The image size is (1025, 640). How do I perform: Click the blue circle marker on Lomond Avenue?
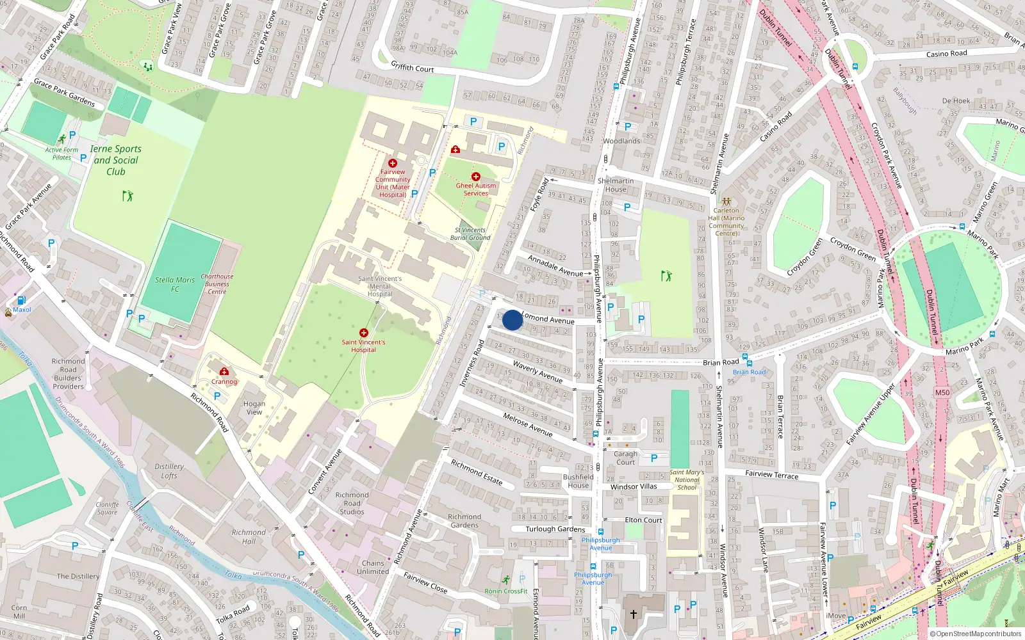(512, 320)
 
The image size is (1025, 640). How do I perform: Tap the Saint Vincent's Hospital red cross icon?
(363, 333)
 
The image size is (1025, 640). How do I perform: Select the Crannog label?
(224, 381)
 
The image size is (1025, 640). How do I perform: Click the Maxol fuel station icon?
(21, 300)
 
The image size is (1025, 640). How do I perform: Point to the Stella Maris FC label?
(175, 284)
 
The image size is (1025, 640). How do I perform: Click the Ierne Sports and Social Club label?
(115, 160)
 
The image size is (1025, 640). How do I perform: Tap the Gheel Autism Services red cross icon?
(475, 177)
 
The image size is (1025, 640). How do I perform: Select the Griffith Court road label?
(412, 67)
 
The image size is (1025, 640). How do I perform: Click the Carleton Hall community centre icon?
(726, 202)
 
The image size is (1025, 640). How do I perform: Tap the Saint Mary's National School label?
(687, 479)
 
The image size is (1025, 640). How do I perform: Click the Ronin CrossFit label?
(506, 591)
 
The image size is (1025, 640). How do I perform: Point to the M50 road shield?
(942, 393)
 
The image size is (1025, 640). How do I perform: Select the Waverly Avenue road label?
(537, 372)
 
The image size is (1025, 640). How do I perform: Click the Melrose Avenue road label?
(527, 424)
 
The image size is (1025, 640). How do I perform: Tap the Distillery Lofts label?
(169, 471)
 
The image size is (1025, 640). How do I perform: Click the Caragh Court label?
(625, 458)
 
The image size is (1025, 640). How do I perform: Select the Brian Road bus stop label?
(749, 372)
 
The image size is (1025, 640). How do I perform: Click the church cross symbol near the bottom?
(633, 614)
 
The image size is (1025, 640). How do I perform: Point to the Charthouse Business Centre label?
(217, 284)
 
